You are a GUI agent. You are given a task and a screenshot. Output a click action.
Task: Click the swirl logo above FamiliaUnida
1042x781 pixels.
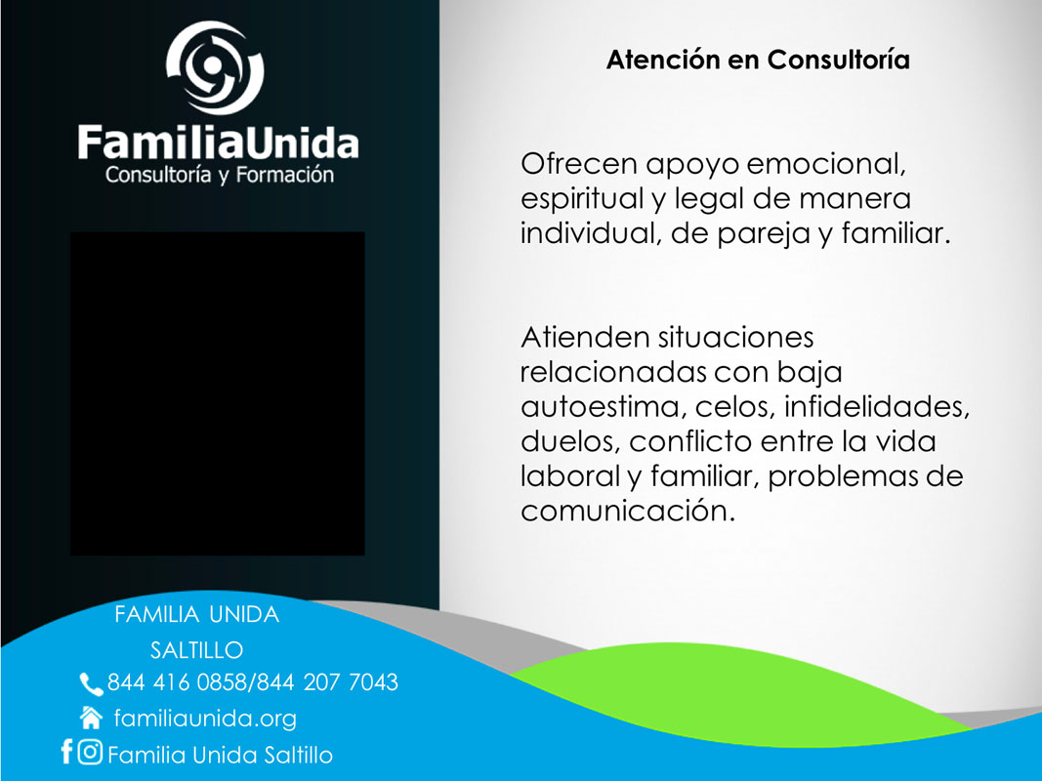point(215,67)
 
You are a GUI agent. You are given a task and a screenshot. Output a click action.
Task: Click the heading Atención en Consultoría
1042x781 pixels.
point(758,60)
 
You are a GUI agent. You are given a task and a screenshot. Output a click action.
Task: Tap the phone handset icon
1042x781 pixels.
point(91,684)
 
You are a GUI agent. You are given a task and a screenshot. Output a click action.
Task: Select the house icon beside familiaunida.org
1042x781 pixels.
point(91,718)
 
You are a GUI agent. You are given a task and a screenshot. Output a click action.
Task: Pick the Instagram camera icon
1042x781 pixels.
point(90,752)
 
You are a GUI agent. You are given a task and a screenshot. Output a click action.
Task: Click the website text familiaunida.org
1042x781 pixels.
point(205,719)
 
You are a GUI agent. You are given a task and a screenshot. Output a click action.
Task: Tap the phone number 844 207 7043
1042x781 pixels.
point(327,682)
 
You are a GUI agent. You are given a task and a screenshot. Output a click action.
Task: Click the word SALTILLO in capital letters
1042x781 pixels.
point(196,650)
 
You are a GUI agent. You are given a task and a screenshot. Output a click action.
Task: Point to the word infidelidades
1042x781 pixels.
point(877,407)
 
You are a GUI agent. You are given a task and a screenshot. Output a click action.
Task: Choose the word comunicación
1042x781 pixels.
point(628,511)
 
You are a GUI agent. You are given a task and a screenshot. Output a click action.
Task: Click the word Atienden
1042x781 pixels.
point(585,338)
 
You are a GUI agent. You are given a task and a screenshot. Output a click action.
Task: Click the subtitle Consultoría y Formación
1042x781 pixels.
point(220,175)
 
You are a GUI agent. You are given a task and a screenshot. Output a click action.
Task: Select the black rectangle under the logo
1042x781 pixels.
point(218,393)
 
